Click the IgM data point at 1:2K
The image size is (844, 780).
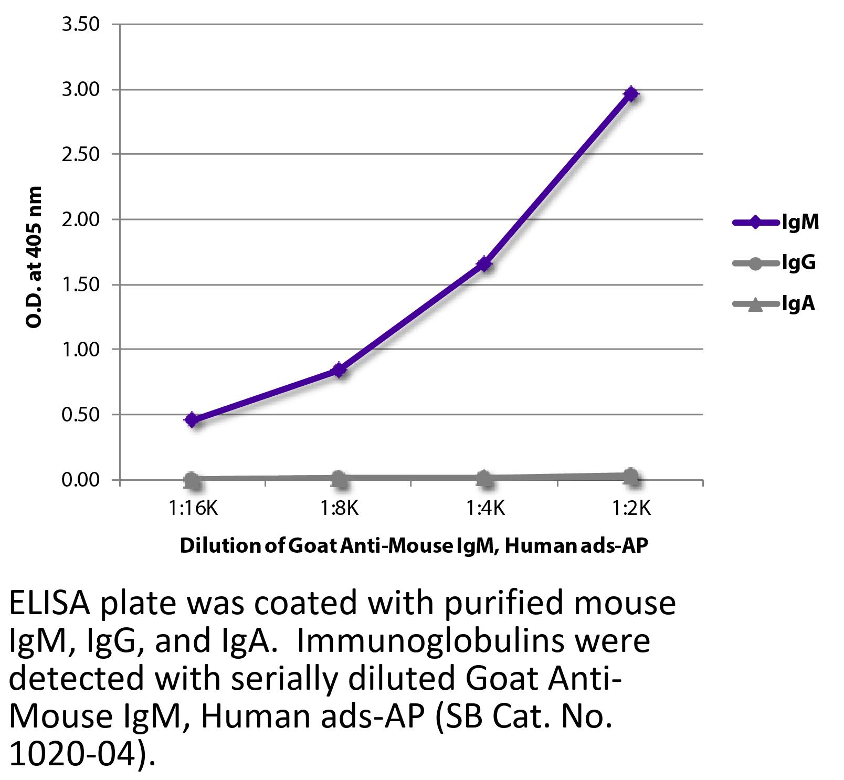(x=630, y=94)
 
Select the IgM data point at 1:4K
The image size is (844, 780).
(x=484, y=263)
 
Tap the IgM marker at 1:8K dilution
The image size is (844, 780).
(x=339, y=370)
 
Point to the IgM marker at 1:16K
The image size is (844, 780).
(x=192, y=420)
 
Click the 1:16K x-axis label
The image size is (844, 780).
(x=192, y=508)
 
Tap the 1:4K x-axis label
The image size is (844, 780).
(x=484, y=508)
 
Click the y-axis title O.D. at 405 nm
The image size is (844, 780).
(x=34, y=257)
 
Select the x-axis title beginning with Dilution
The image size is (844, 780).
(x=414, y=546)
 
